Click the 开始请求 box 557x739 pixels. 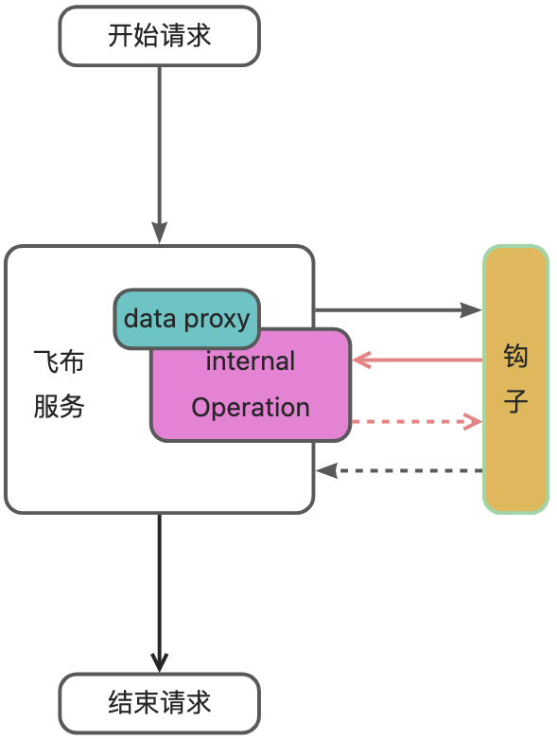pos(159,36)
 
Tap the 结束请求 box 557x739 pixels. pos(159,703)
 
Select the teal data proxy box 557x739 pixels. pos(187,319)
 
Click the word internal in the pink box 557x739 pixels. pos(251,361)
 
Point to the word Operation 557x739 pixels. pos(251,407)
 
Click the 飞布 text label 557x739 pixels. pos(59,362)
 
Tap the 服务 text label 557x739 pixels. pos(59,406)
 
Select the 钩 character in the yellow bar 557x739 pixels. pos(515,356)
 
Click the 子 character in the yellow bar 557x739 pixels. pos(515,400)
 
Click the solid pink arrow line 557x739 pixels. pos(417,361)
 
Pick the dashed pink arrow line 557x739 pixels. pos(417,421)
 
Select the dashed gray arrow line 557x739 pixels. pos(399,470)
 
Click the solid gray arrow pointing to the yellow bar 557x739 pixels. pos(398,310)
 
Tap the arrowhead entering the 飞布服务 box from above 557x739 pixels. pos(160,233)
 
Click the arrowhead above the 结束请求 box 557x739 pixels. pos(160,661)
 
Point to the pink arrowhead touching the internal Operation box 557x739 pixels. pos(361,361)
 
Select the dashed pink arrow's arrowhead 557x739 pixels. pos(473,421)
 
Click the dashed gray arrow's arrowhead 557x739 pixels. pos(326,470)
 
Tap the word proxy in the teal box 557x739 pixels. pos(218,321)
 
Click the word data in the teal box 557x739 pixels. pos(149,318)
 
